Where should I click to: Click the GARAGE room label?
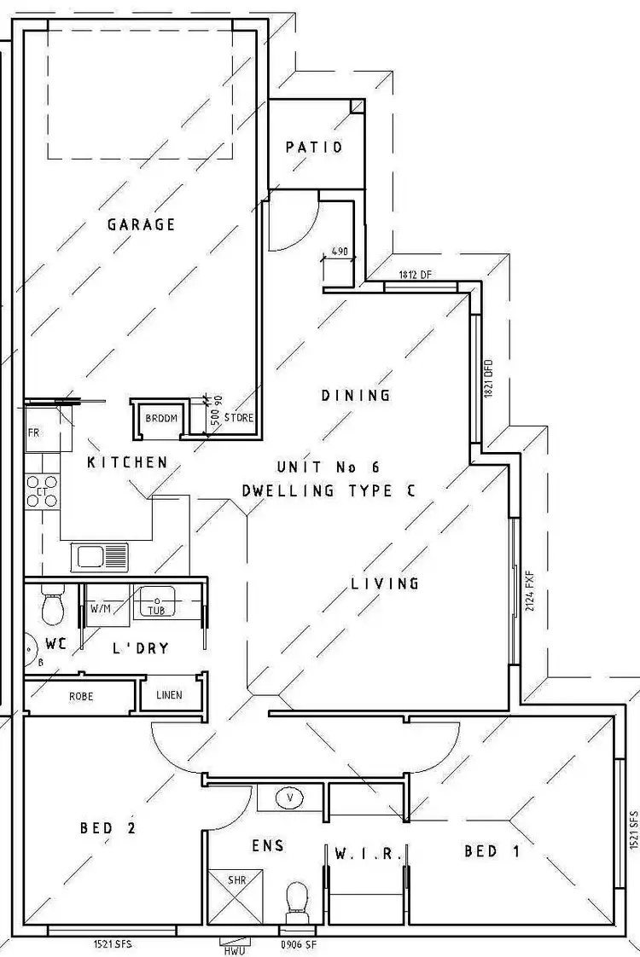(x=141, y=224)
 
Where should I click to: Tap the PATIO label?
(x=314, y=147)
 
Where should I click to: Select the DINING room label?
(x=356, y=395)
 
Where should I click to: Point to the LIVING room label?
(x=385, y=583)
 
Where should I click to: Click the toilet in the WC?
(x=53, y=608)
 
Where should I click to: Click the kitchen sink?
(x=99, y=557)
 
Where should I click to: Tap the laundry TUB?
(x=158, y=604)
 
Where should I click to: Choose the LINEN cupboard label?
(x=170, y=695)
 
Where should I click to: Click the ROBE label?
(x=81, y=696)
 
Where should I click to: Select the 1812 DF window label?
(x=416, y=275)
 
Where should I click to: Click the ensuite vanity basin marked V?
(x=292, y=797)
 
